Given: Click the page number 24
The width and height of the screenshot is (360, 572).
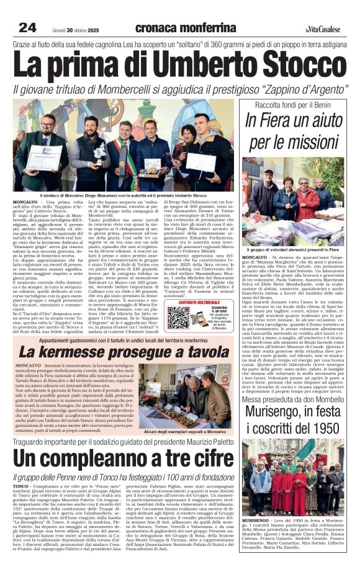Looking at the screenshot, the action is click(28, 27).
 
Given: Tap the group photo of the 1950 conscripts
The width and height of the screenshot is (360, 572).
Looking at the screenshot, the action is click(293, 471).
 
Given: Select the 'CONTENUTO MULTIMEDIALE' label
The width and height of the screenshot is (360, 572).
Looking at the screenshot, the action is click(195, 302).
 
